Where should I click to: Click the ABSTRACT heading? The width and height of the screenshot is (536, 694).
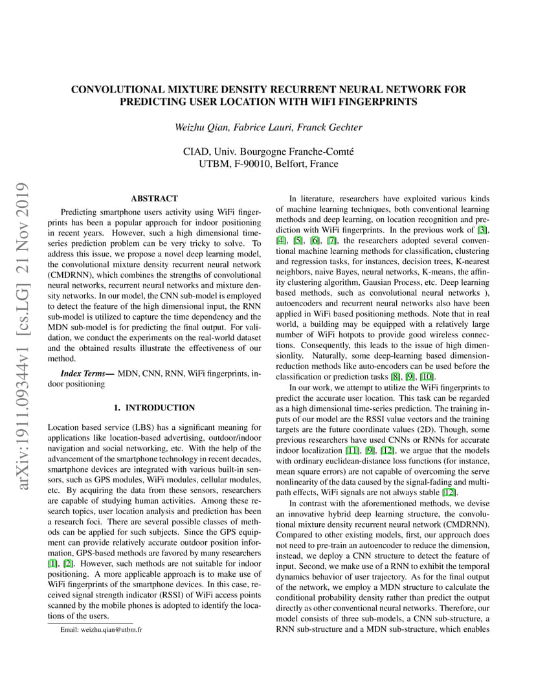tap(154, 199)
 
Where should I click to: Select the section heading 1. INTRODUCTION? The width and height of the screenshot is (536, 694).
tap(154, 408)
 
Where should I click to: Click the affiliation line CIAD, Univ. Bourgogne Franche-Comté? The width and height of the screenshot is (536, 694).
tap(268, 151)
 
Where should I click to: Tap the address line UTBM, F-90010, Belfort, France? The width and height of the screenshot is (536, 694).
tap(268, 164)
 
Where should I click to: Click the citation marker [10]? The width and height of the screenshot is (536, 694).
tap(427, 377)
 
